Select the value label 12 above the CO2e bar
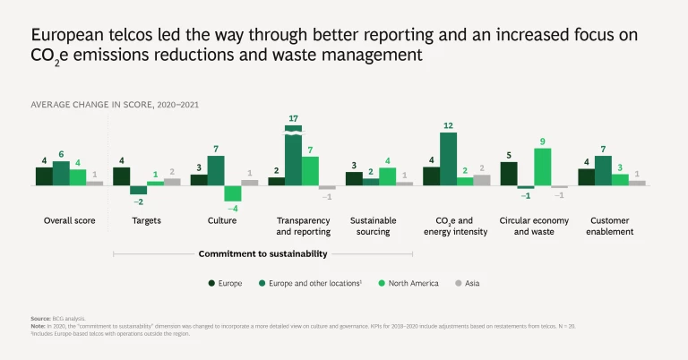(x=448, y=125)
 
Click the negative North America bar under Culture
(x=233, y=193)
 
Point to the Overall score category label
(x=70, y=220)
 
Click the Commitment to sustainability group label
(x=263, y=254)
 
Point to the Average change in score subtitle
(x=115, y=105)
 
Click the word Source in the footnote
(x=40, y=319)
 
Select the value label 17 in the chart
(x=293, y=118)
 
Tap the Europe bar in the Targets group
(x=121, y=176)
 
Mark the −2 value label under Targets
(x=138, y=202)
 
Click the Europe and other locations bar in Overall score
(x=61, y=173)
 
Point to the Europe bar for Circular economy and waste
(x=509, y=174)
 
